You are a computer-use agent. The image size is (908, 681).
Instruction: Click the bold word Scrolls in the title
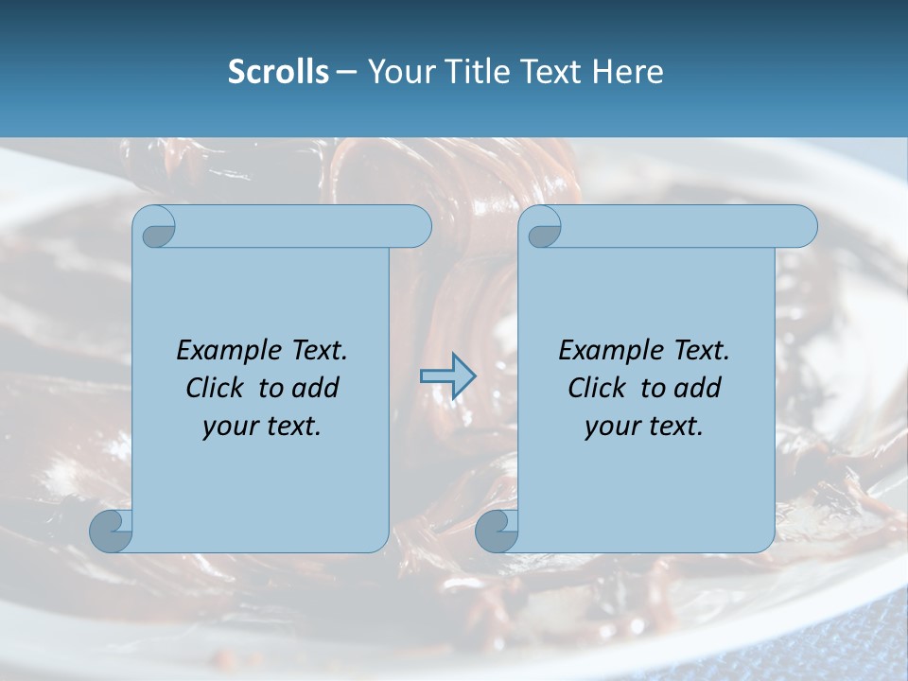coord(278,72)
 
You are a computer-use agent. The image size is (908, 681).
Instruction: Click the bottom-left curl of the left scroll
coord(111,532)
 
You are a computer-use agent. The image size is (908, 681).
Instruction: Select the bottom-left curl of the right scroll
coord(496,532)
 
